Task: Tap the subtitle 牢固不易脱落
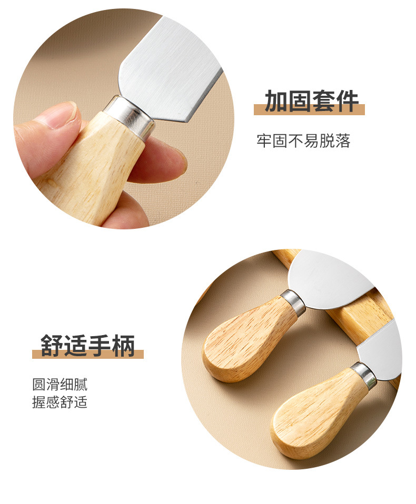303,140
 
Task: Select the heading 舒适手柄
88,346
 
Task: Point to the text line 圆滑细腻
60,384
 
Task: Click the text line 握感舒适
60,402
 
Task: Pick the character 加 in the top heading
275,102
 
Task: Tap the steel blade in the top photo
169,68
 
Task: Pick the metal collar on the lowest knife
364,375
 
